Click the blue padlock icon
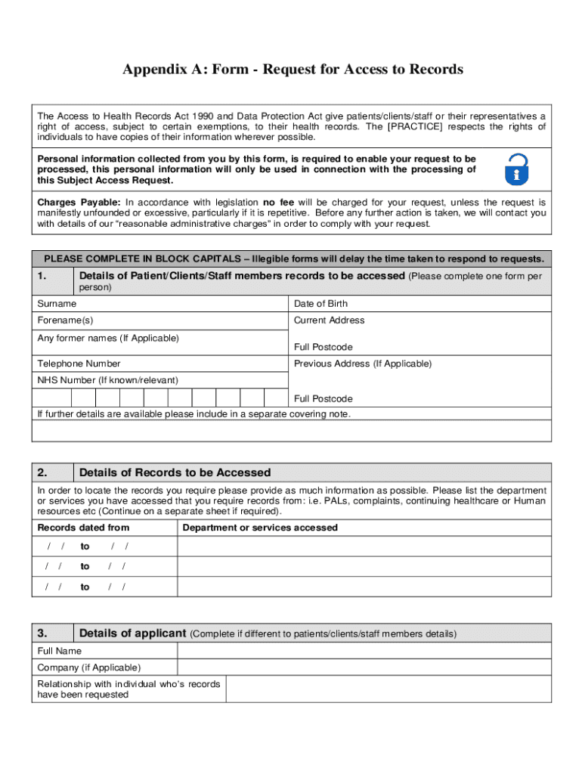(516, 169)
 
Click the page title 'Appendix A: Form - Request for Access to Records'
(293, 70)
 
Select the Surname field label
(57, 304)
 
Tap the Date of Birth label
(320, 304)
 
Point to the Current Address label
(329, 320)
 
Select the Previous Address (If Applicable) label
(362, 364)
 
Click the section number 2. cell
(52, 472)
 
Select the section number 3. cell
(52, 633)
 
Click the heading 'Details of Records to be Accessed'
(175, 472)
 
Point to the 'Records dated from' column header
(83, 528)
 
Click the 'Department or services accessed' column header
(260, 528)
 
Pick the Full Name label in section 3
(60, 651)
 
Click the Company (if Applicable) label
(88, 667)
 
